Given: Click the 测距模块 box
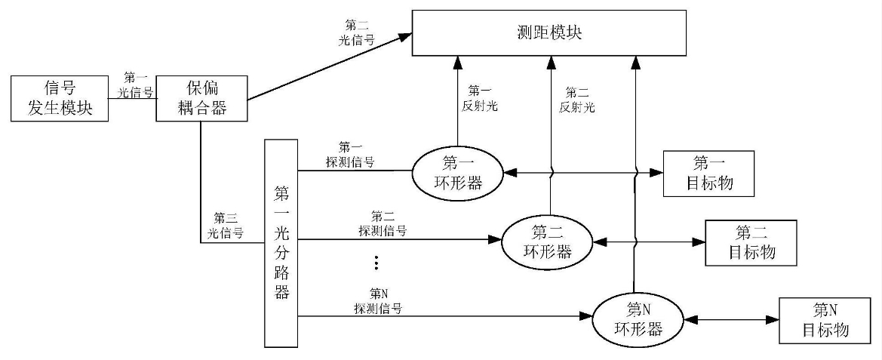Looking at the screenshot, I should pos(548,32).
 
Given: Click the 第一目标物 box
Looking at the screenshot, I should pos(708,173).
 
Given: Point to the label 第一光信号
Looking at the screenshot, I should pos(136,85).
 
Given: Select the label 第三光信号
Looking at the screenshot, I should pos(225,226).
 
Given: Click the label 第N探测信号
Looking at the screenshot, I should pos(378,300).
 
